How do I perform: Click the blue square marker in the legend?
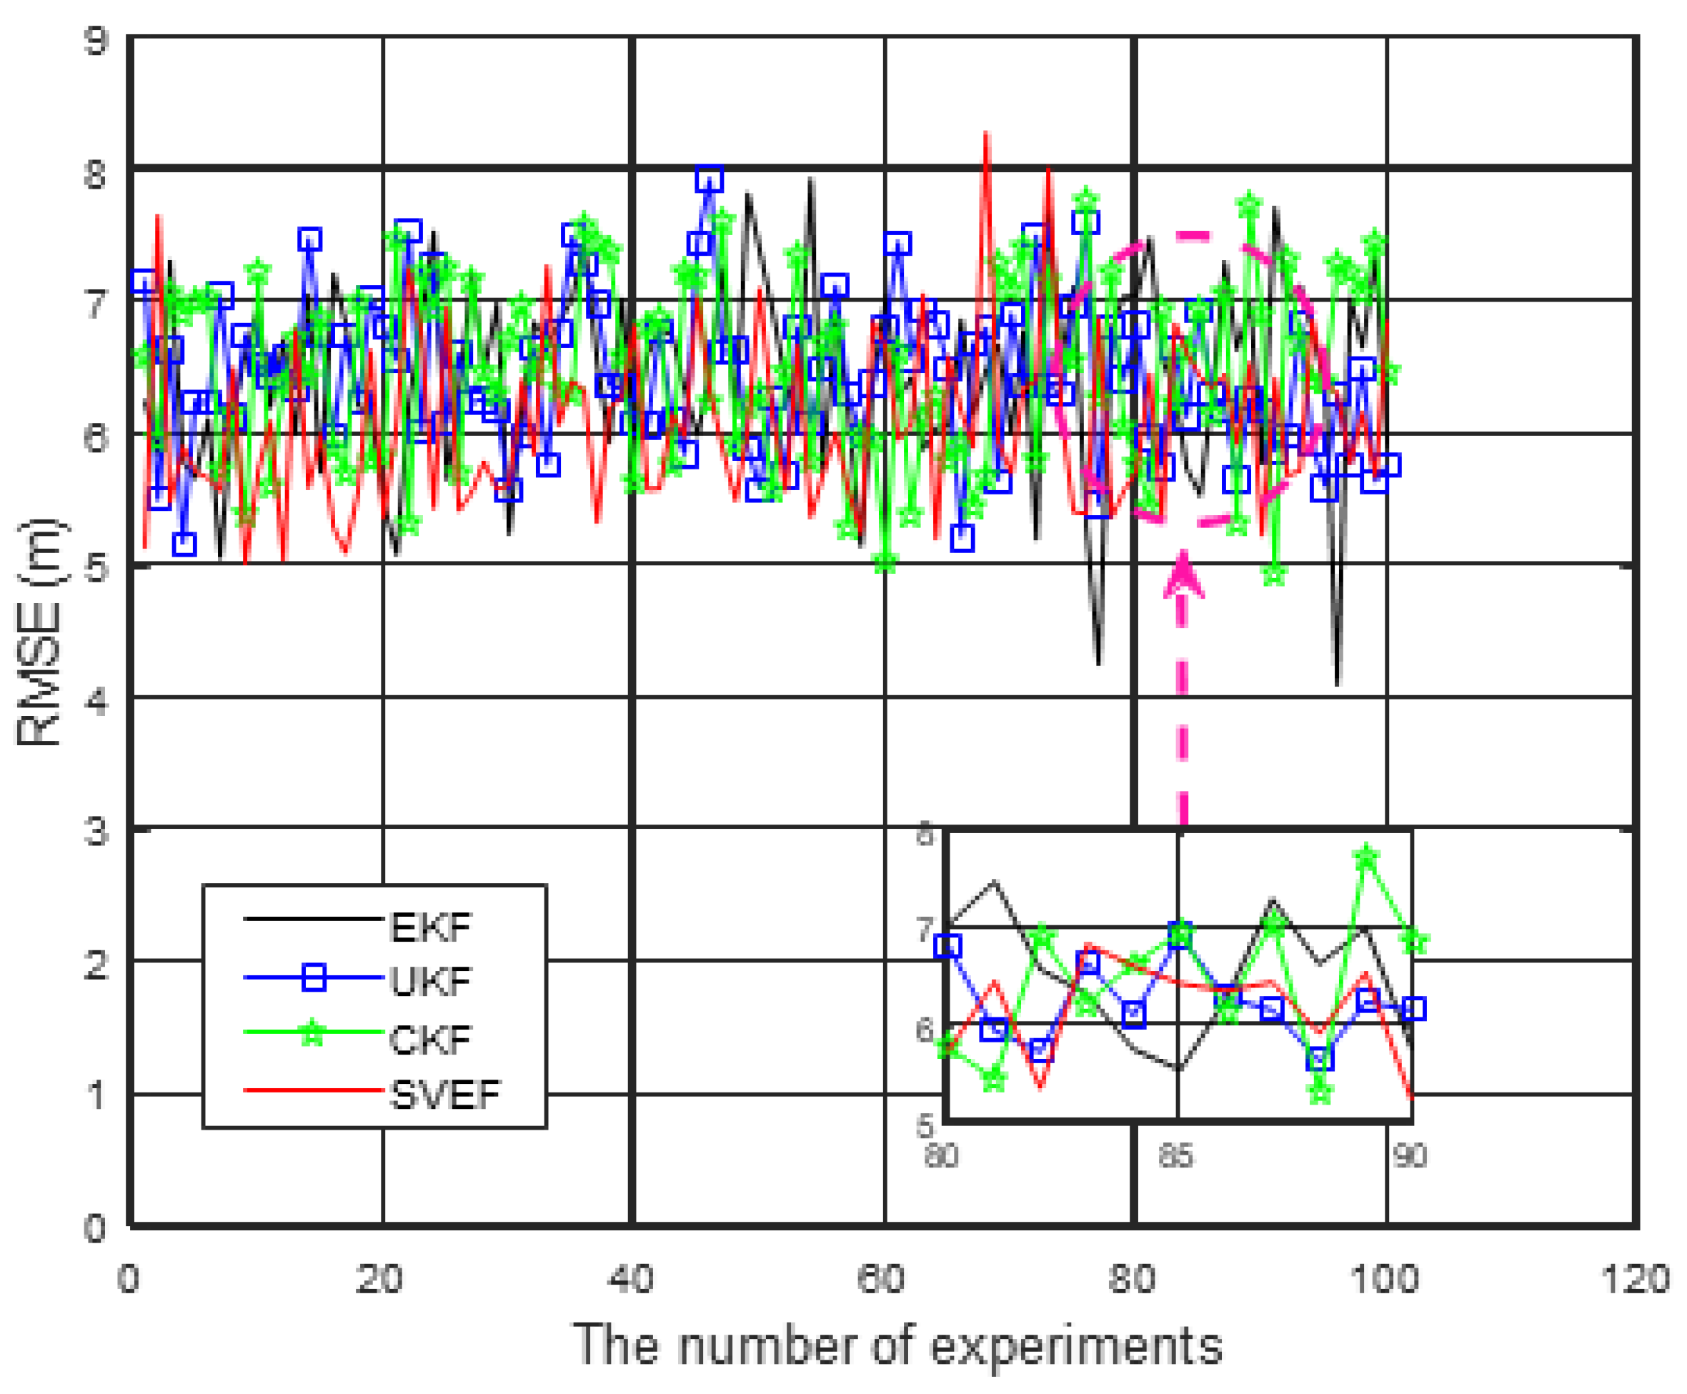coord(313,978)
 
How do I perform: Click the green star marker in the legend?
coord(312,1035)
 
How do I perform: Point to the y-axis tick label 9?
coord(96,40)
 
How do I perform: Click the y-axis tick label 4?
coord(96,701)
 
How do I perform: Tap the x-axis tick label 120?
coord(1635,1278)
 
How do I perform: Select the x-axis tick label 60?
coord(882,1278)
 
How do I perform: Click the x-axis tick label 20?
coord(379,1278)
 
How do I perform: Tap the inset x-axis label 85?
coord(1175,1156)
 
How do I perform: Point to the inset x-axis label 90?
coord(1410,1156)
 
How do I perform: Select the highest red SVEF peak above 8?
coord(987,135)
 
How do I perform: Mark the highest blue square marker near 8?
coord(709,179)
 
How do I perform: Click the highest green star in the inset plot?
coord(1365,857)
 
